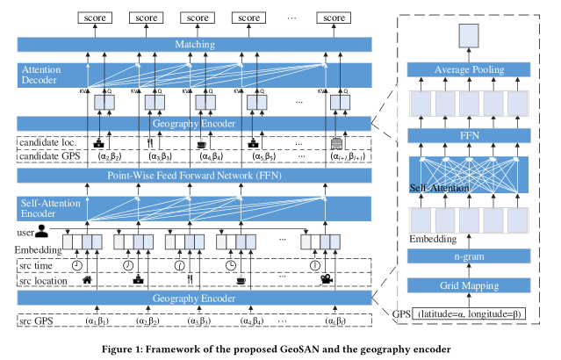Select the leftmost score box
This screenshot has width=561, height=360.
[x=91, y=17]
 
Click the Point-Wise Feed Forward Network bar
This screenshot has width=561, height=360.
[x=194, y=176]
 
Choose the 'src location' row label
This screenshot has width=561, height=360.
[x=42, y=281]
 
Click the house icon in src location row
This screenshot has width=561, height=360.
[x=89, y=281]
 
